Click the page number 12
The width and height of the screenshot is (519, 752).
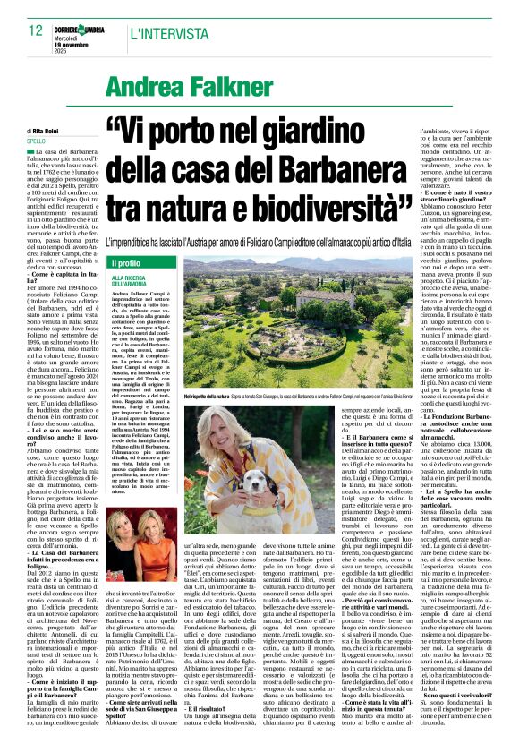pyautogui.click(x=36, y=30)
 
